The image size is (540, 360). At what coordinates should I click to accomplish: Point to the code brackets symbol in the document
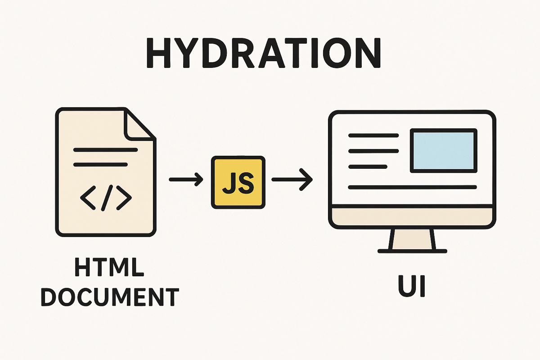click(x=105, y=198)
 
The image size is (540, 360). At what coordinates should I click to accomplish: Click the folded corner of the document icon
click(x=140, y=123)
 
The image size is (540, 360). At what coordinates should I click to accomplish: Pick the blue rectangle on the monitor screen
click(x=443, y=150)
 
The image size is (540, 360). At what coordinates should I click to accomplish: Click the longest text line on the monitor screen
click(x=412, y=186)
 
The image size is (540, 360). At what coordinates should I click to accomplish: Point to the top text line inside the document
click(x=105, y=149)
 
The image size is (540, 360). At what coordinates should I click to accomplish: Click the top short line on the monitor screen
click(x=373, y=135)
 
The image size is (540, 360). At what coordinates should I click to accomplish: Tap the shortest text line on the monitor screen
click(x=368, y=166)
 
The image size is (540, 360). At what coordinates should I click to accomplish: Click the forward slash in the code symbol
click(x=106, y=198)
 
